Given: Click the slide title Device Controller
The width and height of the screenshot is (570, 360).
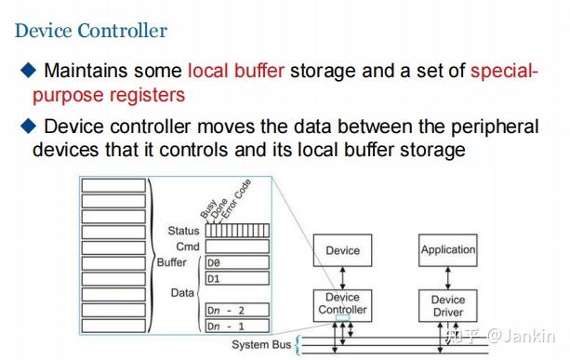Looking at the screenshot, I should click(91, 30).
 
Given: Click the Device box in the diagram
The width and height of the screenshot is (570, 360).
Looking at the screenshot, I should click(342, 249).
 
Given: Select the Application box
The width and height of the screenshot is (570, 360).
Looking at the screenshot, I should click(448, 249).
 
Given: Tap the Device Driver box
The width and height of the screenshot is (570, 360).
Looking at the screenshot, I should click(448, 306).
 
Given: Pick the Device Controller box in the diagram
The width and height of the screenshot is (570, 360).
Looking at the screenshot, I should click(342, 304).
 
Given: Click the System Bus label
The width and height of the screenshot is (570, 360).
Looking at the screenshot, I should click(262, 345).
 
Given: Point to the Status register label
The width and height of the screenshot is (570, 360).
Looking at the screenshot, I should click(184, 230).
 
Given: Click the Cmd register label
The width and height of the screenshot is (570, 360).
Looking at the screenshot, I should click(189, 247).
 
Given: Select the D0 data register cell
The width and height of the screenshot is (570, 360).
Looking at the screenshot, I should click(237, 263).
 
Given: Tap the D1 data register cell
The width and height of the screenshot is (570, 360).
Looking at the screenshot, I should click(237, 278).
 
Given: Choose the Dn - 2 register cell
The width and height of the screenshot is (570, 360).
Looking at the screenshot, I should click(237, 310).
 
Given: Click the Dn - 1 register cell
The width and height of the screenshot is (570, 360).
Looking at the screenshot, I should click(237, 326).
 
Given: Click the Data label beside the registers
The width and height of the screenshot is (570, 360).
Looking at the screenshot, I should click(183, 292).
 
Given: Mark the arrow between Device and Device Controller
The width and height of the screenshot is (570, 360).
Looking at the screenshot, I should click(342, 275).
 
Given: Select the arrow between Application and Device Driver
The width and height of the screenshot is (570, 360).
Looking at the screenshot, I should click(448, 275).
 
